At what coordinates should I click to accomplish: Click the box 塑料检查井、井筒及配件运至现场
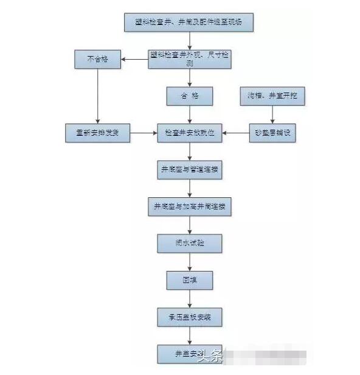coord(188,23)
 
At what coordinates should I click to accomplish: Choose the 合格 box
coord(190,96)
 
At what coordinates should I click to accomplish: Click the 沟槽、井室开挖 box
coord(272,96)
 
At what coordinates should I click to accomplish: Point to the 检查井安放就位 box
coord(190,133)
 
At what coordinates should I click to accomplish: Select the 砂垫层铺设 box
coord(272,133)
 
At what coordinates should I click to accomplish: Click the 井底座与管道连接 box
coord(190,170)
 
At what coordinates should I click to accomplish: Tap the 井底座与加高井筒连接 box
coord(190,206)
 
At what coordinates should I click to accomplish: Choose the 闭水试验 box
coord(190,244)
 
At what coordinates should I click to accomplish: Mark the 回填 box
coord(190,280)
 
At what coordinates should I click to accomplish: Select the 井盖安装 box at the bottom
coord(185,354)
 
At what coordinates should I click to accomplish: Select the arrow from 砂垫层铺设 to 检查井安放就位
coord(235,133)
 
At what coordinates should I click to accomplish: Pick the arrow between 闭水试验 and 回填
coord(190,262)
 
